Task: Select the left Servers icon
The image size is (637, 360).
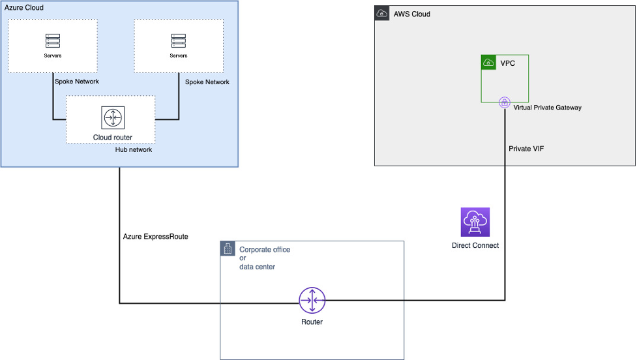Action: [x=52, y=41]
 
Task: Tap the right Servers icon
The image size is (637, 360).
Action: [x=179, y=41]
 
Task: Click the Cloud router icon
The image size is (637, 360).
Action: [x=113, y=118]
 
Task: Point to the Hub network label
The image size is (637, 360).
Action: [x=134, y=149]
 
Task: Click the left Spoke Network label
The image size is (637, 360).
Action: [x=77, y=82]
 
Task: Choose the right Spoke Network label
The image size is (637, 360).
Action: [x=207, y=82]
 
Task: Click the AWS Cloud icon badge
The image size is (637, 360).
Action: [x=382, y=14]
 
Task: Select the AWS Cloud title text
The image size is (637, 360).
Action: [x=412, y=14]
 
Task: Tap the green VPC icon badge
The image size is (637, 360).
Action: [x=488, y=63]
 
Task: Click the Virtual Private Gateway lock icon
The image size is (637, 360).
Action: [x=504, y=102]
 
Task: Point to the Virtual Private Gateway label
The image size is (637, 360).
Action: [x=547, y=108]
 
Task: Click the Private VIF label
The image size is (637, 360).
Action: [x=526, y=149]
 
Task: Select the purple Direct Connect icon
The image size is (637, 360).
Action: [x=475, y=222]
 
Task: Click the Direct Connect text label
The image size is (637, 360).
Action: [x=475, y=245]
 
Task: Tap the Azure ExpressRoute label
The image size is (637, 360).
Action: [x=155, y=237]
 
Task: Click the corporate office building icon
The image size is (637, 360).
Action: [x=228, y=248]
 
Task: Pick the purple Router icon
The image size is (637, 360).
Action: [x=312, y=301]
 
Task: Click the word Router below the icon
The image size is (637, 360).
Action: [x=312, y=322]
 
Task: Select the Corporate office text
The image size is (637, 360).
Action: [x=265, y=250]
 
